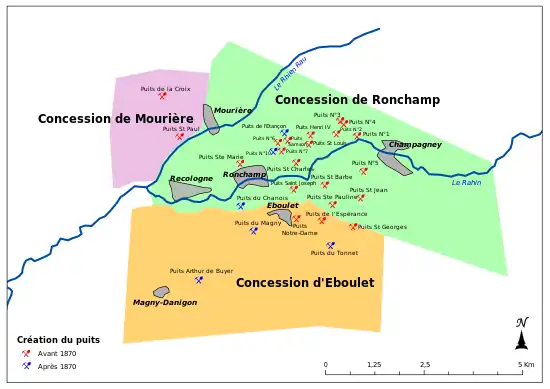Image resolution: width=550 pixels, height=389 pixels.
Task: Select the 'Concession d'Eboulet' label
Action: [305, 283]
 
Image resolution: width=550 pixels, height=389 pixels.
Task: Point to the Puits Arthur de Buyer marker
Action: [199, 280]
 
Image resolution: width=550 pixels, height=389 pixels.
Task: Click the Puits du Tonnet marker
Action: [331, 245]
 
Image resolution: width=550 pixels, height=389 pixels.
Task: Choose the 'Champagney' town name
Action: [415, 144]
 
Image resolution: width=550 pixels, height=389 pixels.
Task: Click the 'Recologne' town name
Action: [191, 178]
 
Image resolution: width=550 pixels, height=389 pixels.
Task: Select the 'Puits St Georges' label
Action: [383, 227]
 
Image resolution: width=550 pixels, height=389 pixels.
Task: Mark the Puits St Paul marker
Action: [180, 137]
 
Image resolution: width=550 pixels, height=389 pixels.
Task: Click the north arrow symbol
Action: [521, 335]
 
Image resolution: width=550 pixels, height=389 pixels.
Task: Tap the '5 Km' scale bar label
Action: [526, 365]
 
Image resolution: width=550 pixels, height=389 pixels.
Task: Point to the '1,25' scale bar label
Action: [374, 365]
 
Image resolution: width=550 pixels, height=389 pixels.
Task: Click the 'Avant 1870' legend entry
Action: [56, 353]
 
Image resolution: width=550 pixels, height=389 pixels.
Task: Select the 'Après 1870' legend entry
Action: [56, 366]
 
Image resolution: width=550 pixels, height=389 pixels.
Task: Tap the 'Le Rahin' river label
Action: [466, 182]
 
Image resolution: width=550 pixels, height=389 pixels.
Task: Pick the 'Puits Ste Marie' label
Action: [221, 156]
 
